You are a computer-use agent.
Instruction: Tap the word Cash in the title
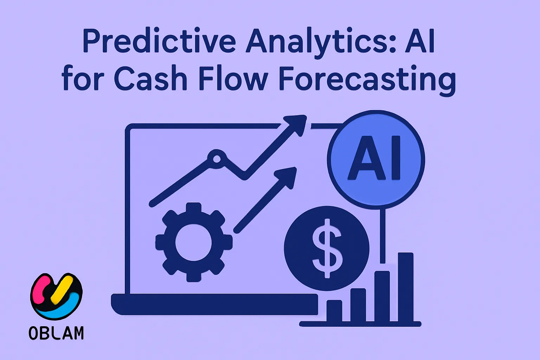(x=150, y=79)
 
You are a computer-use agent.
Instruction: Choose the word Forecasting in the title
(x=367, y=79)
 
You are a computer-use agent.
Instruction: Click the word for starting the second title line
(x=83, y=79)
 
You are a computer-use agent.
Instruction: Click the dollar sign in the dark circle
(x=327, y=248)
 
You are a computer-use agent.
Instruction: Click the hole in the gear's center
(x=194, y=243)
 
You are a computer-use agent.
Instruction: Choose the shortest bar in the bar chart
(x=334, y=311)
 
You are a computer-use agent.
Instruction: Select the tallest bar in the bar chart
(x=405, y=287)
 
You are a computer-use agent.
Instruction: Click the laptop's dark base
(x=214, y=304)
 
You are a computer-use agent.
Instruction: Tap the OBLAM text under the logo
(x=56, y=333)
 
